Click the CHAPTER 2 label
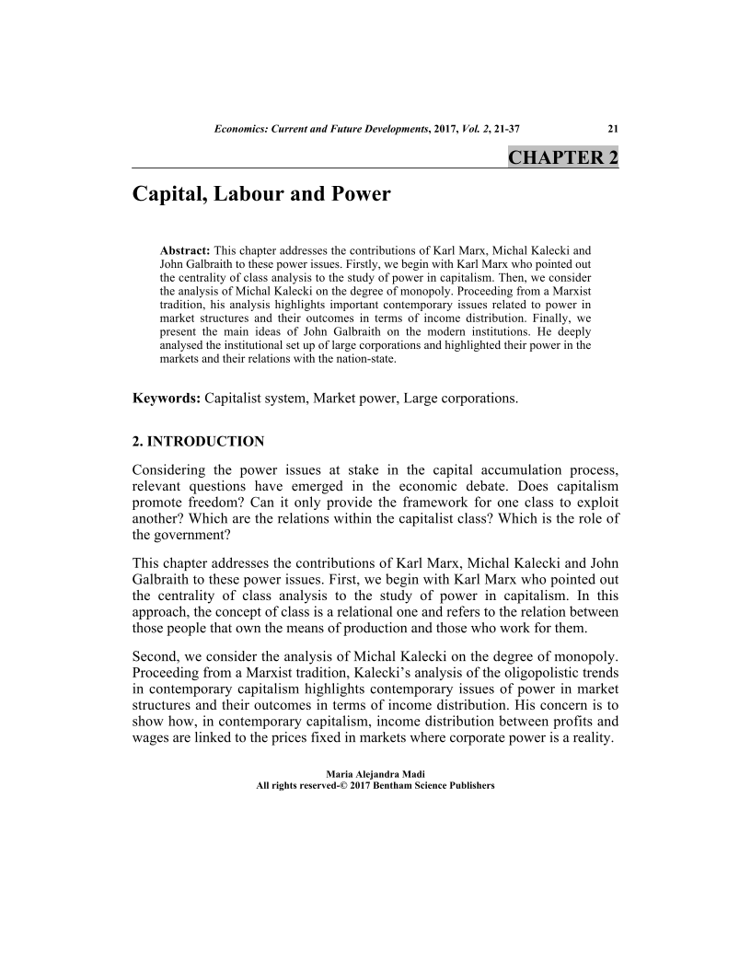(562, 156)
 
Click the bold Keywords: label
(167, 399)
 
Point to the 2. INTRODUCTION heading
(198, 441)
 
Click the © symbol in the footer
(341, 787)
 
